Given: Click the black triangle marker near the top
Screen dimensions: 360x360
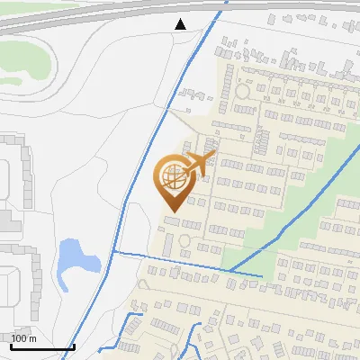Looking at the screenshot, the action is click(181, 23).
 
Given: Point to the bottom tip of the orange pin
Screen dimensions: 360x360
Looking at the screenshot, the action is click(171, 212).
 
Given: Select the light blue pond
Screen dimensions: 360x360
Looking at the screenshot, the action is click(75, 258).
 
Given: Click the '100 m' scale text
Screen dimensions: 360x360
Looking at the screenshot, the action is click(23, 338).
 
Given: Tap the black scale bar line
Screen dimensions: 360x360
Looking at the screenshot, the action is click(42, 346).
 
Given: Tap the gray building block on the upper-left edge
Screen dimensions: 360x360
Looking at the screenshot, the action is click(11, 171).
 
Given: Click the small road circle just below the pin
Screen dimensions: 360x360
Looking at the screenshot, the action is click(184, 240).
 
